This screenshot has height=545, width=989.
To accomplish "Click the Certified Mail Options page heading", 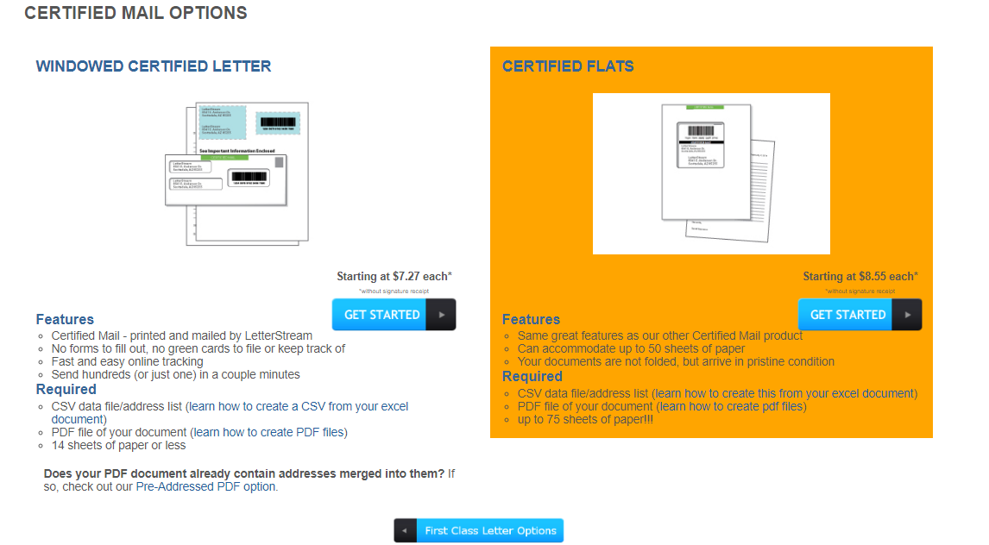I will (x=135, y=13).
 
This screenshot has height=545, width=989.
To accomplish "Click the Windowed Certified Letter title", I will (x=154, y=66).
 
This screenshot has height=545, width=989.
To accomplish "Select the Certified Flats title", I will (x=568, y=66).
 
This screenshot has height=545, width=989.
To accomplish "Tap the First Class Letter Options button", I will (x=489, y=530).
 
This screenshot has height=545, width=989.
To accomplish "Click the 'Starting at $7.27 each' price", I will (x=394, y=277).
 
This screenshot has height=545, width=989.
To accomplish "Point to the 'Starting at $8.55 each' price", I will (x=860, y=277).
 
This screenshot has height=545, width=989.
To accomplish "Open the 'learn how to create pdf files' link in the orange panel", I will (x=731, y=406).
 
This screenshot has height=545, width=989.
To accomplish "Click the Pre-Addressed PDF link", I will (x=206, y=486).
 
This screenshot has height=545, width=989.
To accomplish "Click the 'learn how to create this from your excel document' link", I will (x=784, y=393).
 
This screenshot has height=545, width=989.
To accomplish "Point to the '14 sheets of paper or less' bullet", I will (x=118, y=445).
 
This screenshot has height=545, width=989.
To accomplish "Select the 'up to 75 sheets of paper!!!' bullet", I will (x=585, y=419).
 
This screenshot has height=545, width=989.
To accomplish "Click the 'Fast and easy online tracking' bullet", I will (x=127, y=361).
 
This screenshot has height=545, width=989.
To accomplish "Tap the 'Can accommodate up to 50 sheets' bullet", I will (x=631, y=348).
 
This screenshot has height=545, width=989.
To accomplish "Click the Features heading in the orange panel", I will (x=531, y=319).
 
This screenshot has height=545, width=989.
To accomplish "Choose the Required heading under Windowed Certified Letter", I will (x=66, y=389).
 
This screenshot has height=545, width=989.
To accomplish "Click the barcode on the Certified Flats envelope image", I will (x=700, y=132).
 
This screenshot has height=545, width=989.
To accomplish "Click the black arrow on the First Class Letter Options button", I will (x=406, y=530).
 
